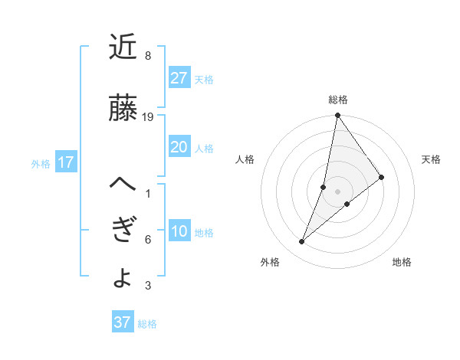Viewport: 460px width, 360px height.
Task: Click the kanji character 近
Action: pyautogui.click(x=123, y=47)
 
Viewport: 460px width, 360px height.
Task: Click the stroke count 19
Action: pyautogui.click(x=148, y=117)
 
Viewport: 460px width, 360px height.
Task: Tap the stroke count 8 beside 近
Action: pyautogui.click(x=147, y=56)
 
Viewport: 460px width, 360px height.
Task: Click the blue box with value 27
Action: pyautogui.click(x=179, y=77)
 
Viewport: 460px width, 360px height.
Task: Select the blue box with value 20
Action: pyautogui.click(x=179, y=147)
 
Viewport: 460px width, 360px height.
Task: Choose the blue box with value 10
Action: pyautogui.click(x=179, y=231)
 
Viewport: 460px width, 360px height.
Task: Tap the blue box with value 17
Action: pyautogui.click(x=65, y=162)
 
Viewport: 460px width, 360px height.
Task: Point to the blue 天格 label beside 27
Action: pyautogui.click(x=204, y=79)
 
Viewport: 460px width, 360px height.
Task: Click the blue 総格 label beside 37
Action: pyautogui.click(x=147, y=324)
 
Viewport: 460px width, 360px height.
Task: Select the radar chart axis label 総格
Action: pyautogui.click(x=337, y=100)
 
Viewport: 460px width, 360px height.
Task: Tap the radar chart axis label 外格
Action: pyautogui.click(x=270, y=262)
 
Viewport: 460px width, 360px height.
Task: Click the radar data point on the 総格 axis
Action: pyautogui.click(x=337, y=116)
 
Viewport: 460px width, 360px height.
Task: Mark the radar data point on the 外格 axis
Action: pyautogui.click(x=302, y=242)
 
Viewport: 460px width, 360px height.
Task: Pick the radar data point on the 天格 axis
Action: pyautogui.click(x=382, y=178)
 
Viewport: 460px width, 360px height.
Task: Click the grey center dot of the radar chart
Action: pyautogui.click(x=337, y=191)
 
